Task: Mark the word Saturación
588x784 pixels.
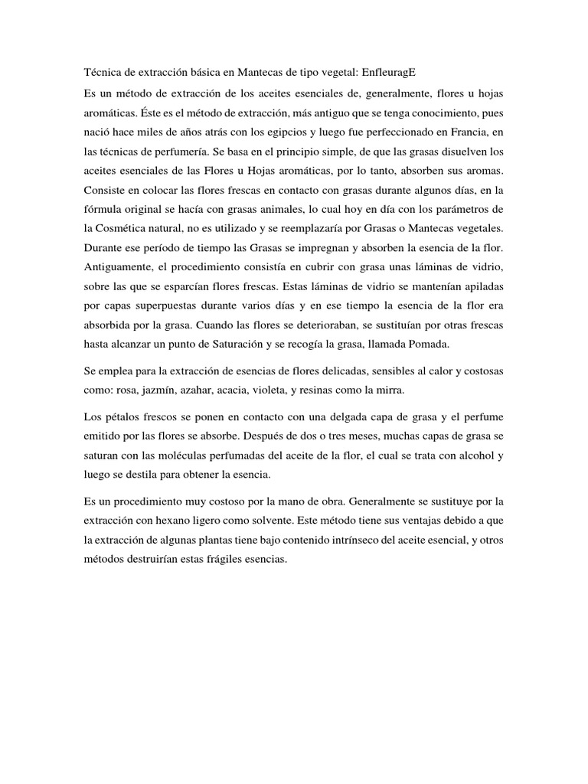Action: coord(231,342)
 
